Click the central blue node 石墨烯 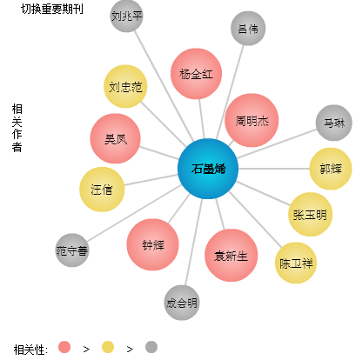[208, 169]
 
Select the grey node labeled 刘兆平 [127, 16]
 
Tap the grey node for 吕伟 [248, 29]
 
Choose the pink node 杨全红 [196, 74]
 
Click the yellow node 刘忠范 [125, 86]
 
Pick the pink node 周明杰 [251, 120]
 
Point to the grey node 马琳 [334, 123]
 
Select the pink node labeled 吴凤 [116, 138]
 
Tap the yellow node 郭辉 [331, 169]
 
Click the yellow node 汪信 [102, 190]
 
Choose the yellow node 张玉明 [310, 215]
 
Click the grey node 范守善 [72, 250]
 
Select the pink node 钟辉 [152, 244]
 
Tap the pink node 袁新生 [231, 256]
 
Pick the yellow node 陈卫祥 [296, 263]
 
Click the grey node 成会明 [182, 303]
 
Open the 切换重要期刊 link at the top [52, 9]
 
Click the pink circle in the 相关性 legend [64, 347]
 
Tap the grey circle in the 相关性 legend [151, 347]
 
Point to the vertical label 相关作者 [17, 128]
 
